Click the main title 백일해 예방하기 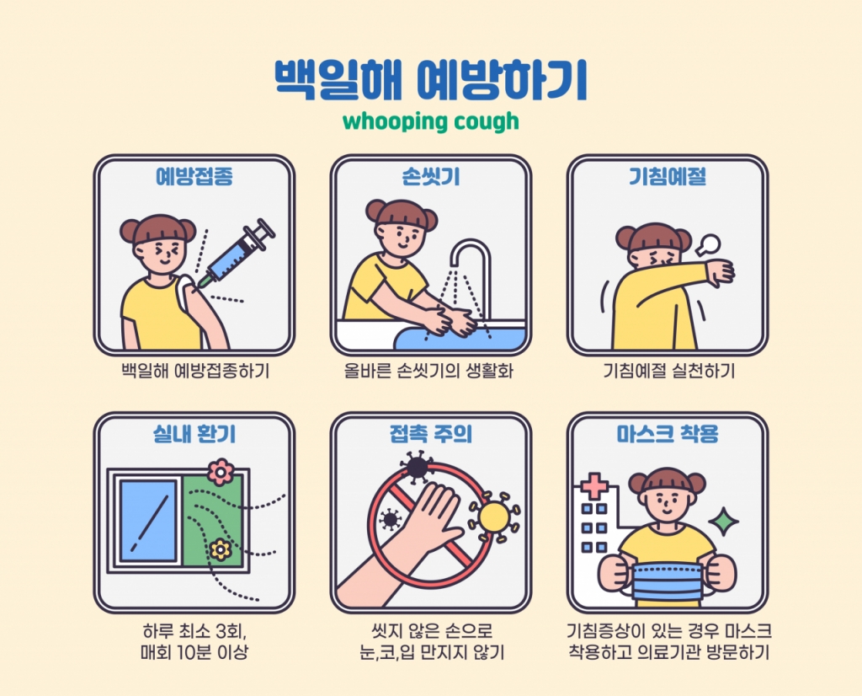click(430, 79)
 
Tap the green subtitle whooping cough click(430, 121)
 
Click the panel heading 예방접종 click(194, 178)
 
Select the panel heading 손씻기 click(431, 178)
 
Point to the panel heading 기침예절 click(668, 178)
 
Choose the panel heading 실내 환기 click(194, 435)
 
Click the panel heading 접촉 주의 click(431, 435)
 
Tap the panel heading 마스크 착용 click(668, 435)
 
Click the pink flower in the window click(221, 472)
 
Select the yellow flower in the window click(221, 549)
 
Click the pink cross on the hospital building click(595, 487)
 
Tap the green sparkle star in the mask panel click(722, 522)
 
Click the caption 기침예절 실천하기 click(668, 371)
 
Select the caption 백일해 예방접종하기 click(194, 371)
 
